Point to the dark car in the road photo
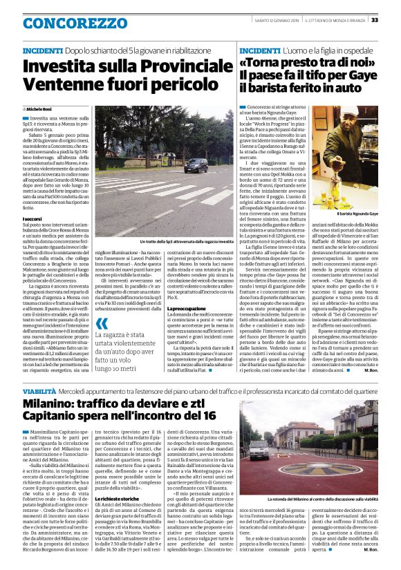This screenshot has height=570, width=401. point(196,165)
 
